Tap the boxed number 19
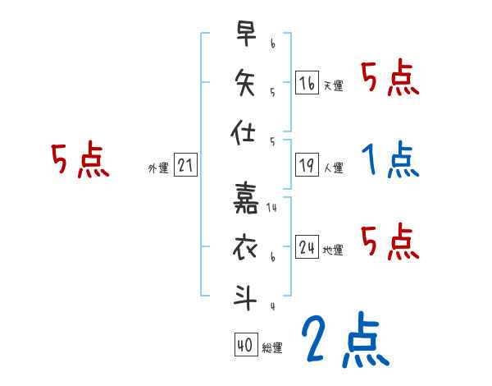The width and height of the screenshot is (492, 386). [307, 166]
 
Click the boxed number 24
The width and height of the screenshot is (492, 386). [307, 248]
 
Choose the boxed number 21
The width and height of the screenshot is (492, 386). [185, 166]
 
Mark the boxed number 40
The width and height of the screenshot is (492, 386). [245, 346]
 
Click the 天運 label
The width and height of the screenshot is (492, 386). [334, 85]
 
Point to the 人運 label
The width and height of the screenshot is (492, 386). [334, 168]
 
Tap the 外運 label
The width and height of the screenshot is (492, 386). [157, 168]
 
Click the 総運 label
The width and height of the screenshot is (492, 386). [272, 348]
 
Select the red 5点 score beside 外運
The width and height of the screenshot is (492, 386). [80, 159]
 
